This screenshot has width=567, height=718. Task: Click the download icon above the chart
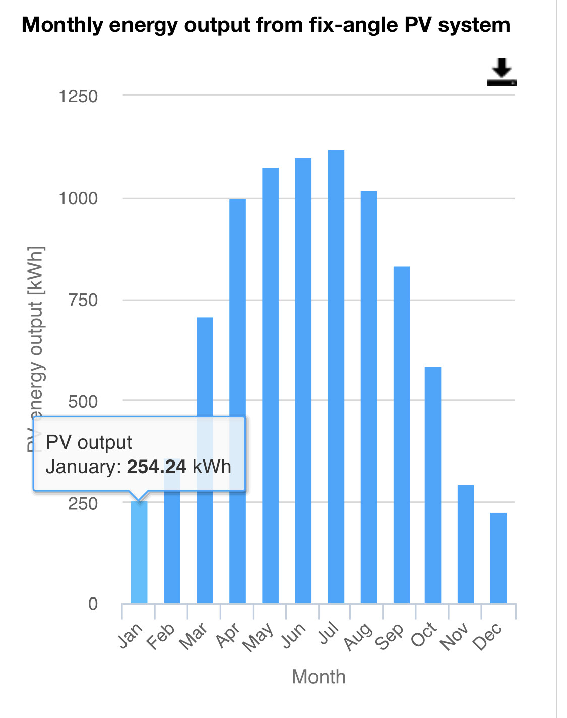click(501, 72)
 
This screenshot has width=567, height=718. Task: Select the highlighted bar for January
click(139, 552)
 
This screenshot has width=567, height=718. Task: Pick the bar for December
click(498, 558)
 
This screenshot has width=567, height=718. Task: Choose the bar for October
click(433, 485)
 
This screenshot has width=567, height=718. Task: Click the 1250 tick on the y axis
click(78, 96)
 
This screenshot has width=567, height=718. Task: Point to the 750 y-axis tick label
click(83, 300)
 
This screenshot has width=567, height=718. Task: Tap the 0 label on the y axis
click(93, 604)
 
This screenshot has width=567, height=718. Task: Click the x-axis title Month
click(319, 677)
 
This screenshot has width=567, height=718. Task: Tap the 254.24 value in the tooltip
click(156, 467)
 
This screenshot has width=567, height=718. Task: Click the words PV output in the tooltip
click(89, 442)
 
